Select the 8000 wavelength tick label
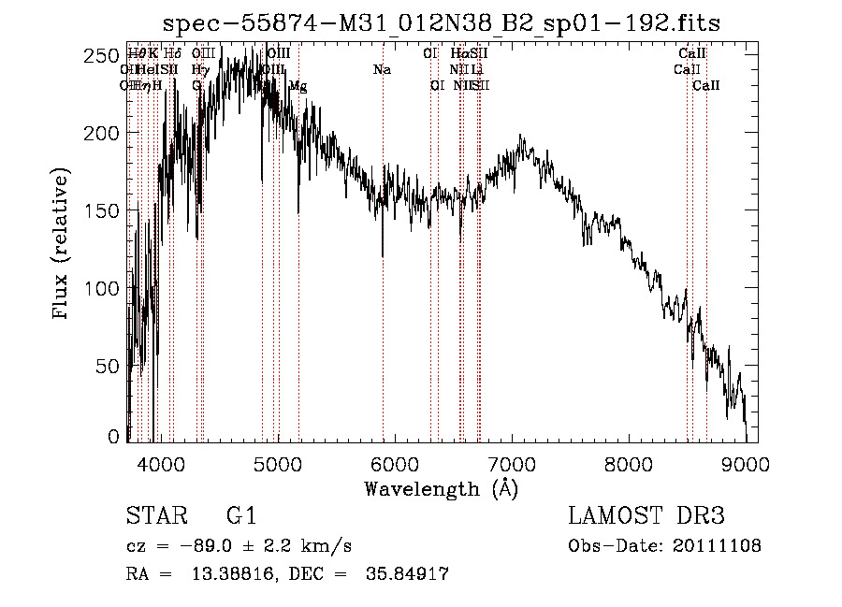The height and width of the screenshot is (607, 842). tap(628, 462)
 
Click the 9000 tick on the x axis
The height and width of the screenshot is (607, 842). tap(745, 462)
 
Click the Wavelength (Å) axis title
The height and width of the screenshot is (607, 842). tap(441, 488)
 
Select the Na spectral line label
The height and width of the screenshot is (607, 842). tap(382, 70)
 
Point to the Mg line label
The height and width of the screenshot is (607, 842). tap(298, 86)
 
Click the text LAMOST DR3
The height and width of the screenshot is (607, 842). tap(646, 516)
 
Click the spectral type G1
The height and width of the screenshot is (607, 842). tap(241, 516)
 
